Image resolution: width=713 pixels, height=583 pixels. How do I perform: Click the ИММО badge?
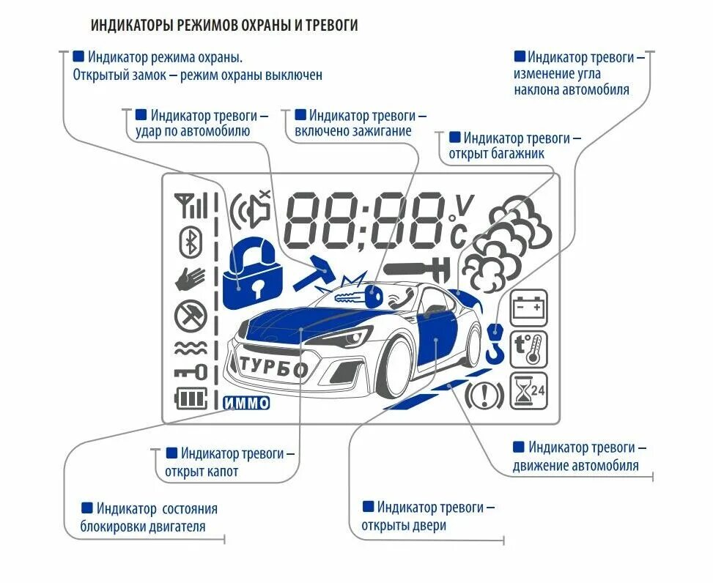(x=245, y=403)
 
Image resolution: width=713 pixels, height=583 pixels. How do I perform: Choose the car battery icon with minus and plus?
(x=528, y=308)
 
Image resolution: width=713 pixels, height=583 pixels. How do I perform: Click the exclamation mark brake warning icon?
(x=484, y=396)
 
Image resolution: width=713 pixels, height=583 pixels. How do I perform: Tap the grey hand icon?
(x=191, y=279)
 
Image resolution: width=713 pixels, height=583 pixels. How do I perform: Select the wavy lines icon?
(x=191, y=348)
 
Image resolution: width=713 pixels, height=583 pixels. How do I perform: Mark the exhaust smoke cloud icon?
(x=509, y=242)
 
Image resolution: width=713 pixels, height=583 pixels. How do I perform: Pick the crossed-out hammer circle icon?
(x=191, y=316)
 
